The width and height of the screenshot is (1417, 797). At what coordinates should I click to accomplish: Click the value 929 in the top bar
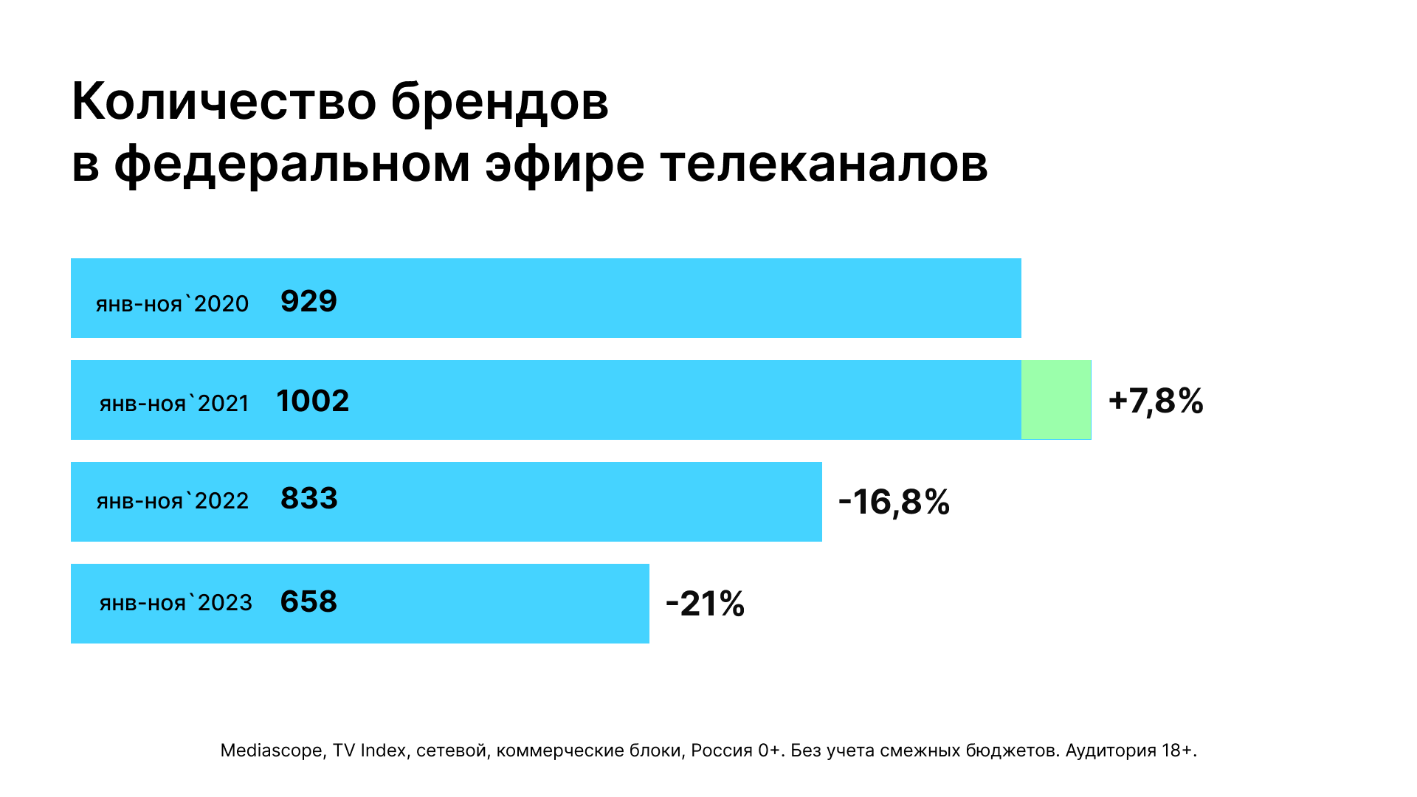pos(308,301)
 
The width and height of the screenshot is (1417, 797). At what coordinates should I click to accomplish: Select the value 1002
pos(312,401)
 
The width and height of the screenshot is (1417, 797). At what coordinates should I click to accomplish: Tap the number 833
pos(308,499)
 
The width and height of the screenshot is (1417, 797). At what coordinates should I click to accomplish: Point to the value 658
pos(308,601)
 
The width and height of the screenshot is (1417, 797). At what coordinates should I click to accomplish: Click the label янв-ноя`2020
pos(172,303)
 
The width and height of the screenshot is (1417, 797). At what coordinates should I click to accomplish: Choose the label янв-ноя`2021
pos(174,404)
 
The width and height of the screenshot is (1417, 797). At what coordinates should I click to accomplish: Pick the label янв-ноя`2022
pos(172,501)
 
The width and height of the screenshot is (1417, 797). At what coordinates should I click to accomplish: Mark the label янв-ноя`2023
pos(176,603)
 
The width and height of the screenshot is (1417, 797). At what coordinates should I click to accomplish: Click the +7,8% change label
pos(1156,401)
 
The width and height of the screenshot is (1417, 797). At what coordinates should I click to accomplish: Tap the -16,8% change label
pos(894,502)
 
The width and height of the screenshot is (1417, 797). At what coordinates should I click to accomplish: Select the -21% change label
pos(705,604)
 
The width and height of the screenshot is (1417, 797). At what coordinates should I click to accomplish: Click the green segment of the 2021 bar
pos(1055,400)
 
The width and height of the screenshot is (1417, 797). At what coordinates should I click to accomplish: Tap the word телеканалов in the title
pos(824,163)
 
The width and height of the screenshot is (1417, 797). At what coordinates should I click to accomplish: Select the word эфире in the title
pos(564,165)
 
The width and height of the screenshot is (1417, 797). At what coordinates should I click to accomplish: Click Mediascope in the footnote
pos(271,751)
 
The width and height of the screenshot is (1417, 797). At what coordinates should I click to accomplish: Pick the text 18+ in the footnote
pos(1178,751)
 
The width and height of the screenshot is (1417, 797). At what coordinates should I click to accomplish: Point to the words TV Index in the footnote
pos(369,751)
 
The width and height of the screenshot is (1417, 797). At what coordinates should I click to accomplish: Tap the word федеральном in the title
pos(292,165)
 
